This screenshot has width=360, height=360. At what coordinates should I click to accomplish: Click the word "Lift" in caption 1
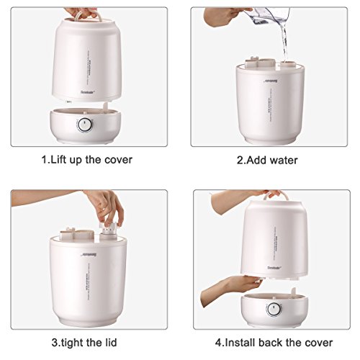(60, 160)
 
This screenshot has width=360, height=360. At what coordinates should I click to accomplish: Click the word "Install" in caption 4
(246, 341)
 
